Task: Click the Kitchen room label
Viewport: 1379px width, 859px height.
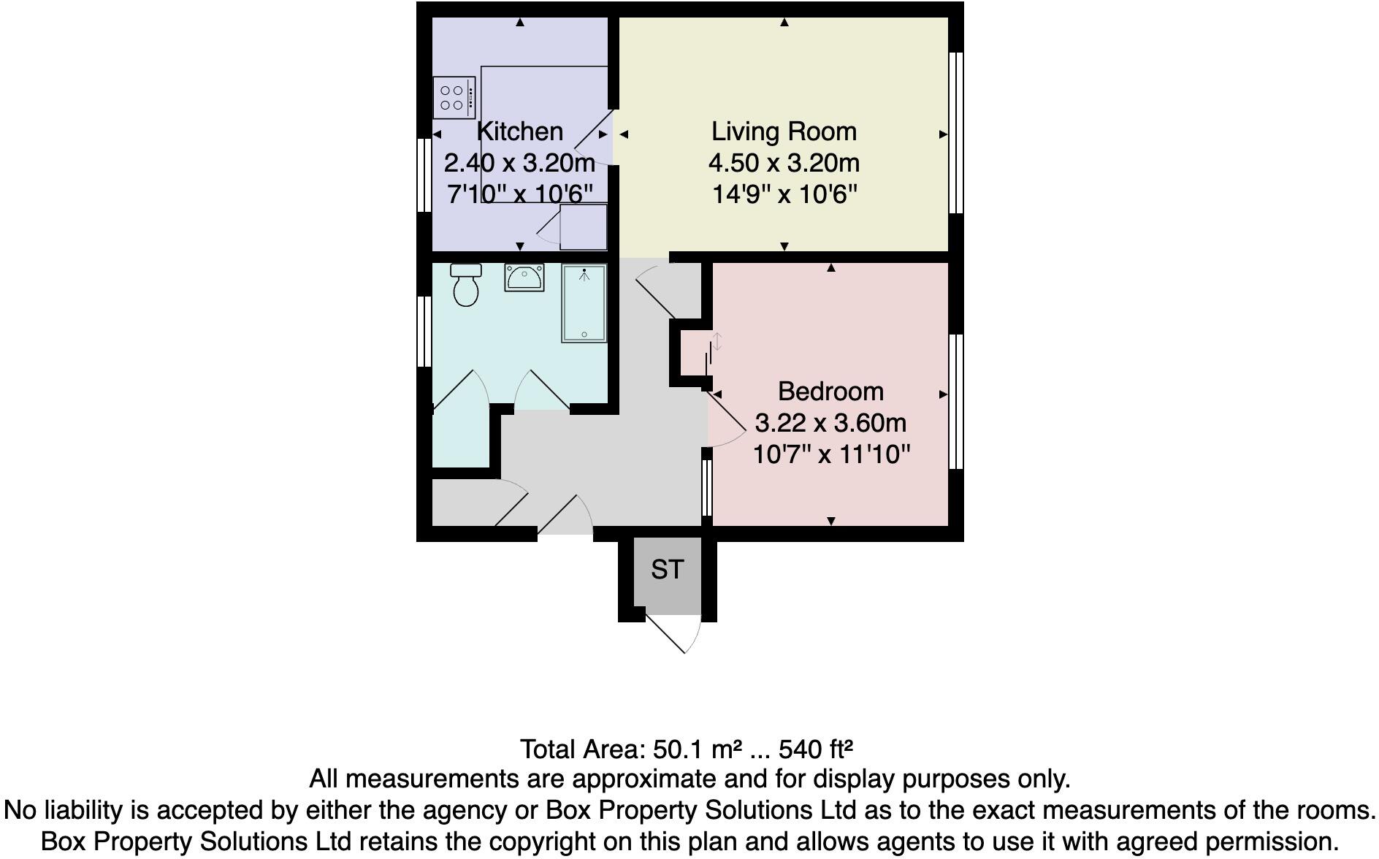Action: (519, 131)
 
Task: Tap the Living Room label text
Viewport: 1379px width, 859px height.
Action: (784, 131)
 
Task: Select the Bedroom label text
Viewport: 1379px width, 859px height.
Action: (830, 392)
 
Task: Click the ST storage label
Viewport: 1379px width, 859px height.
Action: (667, 569)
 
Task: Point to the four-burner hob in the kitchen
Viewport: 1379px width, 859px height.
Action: (454, 98)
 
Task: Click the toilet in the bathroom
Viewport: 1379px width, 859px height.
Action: (465, 286)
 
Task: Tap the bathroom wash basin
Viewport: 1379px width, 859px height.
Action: (524, 278)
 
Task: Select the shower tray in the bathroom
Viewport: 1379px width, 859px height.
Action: (584, 303)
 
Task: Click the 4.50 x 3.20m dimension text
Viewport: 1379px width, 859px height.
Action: (784, 163)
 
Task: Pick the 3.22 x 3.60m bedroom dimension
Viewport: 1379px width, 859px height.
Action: (830, 423)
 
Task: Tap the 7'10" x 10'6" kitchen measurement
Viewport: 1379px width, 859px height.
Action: (519, 194)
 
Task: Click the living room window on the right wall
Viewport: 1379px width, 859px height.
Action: (955, 132)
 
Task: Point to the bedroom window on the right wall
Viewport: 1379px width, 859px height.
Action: (955, 400)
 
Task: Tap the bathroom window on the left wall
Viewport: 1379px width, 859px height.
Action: (424, 330)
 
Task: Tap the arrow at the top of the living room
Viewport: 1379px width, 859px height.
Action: (784, 23)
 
